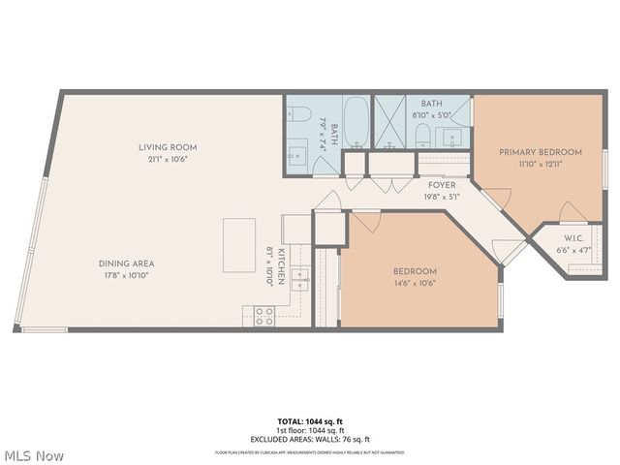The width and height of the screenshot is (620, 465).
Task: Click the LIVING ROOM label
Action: pyautogui.click(x=167, y=147)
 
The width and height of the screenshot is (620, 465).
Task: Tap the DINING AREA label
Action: pyautogui.click(x=126, y=263)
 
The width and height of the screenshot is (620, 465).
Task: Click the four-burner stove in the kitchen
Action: pyautogui.click(x=263, y=316)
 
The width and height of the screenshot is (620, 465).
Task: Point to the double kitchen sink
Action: pyautogui.click(x=300, y=280)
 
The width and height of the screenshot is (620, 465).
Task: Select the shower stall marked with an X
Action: pyautogui.click(x=392, y=122)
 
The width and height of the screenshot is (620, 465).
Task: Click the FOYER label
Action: pyautogui.click(x=441, y=184)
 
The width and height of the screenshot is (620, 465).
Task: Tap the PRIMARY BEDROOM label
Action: pyautogui.click(x=540, y=152)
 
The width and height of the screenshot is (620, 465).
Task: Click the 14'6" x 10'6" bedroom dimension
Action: pyautogui.click(x=415, y=284)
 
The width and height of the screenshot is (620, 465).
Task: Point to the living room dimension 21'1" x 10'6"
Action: pyautogui.click(x=167, y=160)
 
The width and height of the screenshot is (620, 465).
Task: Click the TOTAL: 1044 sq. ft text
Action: pyautogui.click(x=309, y=422)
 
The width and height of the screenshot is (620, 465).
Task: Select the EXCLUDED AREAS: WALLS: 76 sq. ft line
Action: pyautogui.click(x=309, y=439)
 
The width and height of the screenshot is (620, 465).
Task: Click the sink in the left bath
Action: pyautogui.click(x=294, y=154)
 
